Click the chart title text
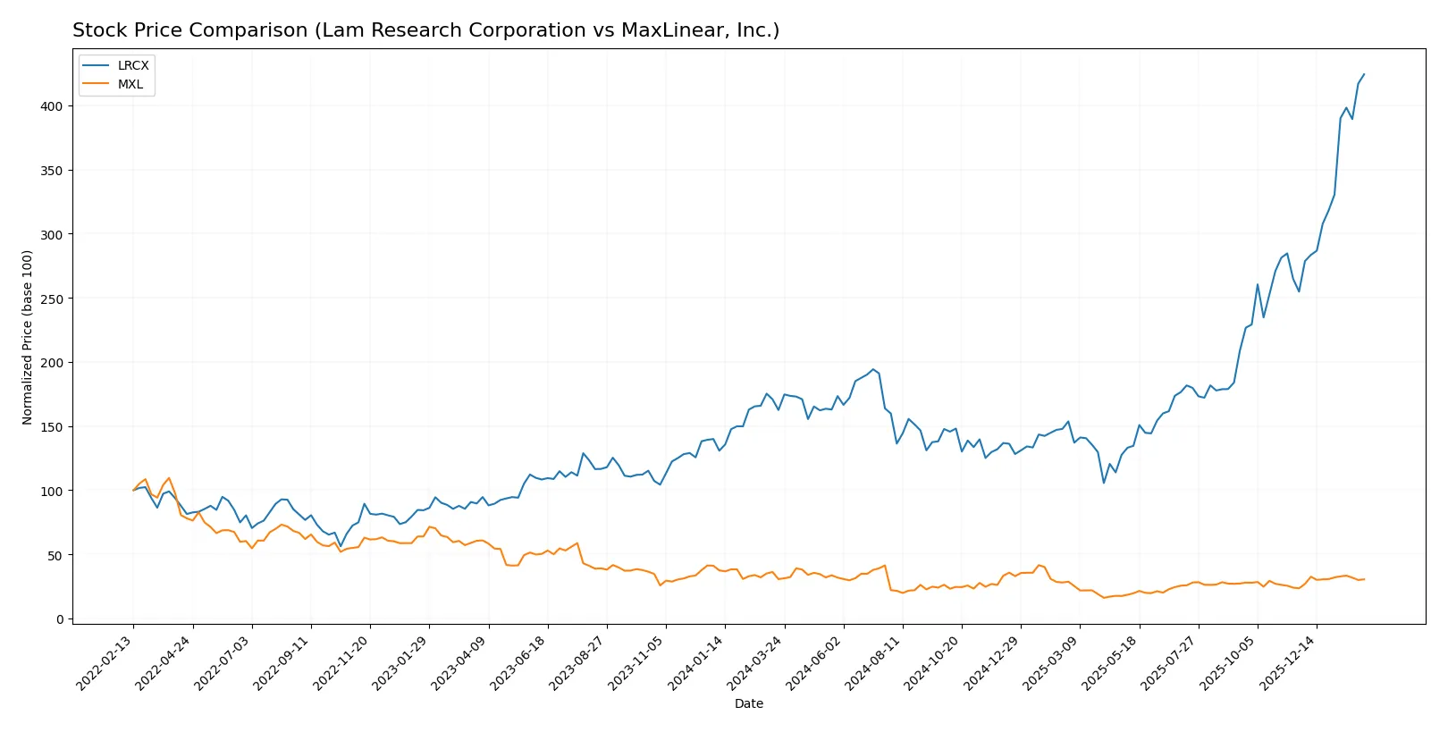425,30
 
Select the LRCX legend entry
133,65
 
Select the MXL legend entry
130,84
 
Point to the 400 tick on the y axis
52,106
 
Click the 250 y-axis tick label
52,299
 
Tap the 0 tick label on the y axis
60,619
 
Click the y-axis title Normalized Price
27,337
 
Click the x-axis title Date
748,703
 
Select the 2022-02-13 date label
105,662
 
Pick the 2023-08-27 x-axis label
578,662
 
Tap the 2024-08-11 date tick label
874,662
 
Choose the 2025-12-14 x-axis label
1289,662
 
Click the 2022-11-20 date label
341,662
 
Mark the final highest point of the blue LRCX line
1364,74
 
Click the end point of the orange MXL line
1364,579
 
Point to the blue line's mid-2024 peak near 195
873,369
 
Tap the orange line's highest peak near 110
169,478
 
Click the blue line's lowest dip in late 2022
341,546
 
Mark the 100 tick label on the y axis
52,491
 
